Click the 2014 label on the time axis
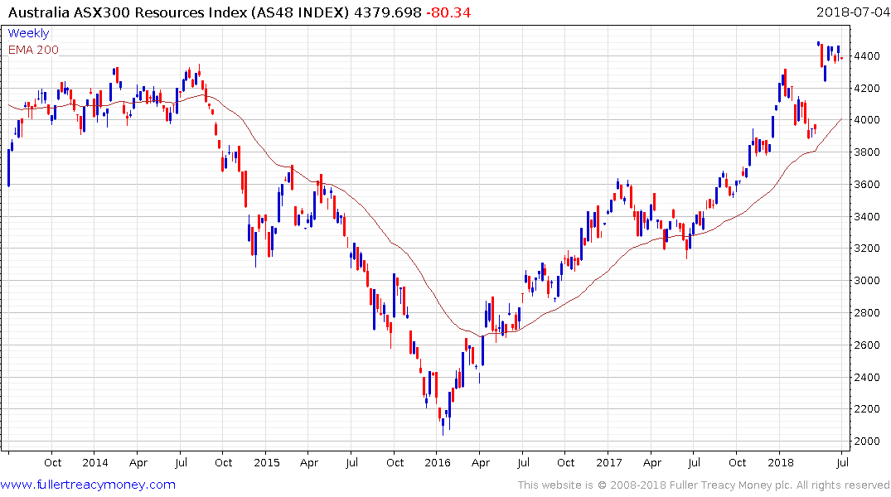(x=94, y=462)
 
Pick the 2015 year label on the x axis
(x=266, y=462)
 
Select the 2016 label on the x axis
(x=437, y=462)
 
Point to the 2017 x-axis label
(x=608, y=462)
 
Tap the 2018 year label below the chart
(x=779, y=462)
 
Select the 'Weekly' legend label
(x=28, y=34)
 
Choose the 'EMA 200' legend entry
(x=33, y=50)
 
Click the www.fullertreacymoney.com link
(x=88, y=485)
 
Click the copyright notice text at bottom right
(x=704, y=485)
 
